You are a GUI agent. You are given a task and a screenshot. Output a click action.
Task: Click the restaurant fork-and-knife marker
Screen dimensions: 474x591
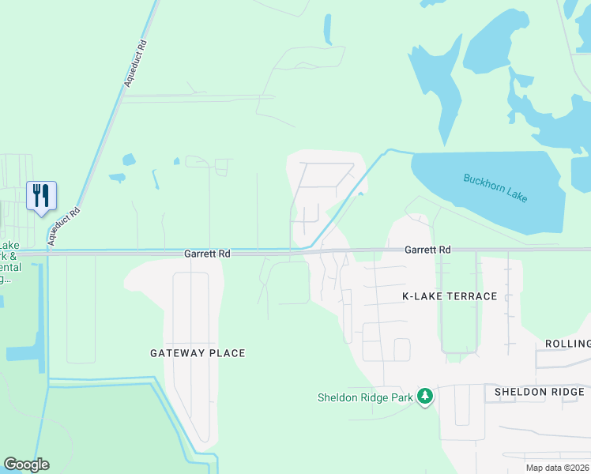pyautogui.click(x=41, y=195)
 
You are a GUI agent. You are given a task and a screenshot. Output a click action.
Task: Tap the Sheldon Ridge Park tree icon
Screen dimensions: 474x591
pyautogui.click(x=425, y=397)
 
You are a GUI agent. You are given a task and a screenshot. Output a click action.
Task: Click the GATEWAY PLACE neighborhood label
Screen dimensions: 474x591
pyautogui.click(x=198, y=353)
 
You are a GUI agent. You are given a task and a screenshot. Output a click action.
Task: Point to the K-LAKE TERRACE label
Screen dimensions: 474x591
pyautogui.click(x=450, y=296)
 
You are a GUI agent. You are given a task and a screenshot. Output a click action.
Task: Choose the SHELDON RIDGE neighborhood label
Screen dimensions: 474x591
pyautogui.click(x=540, y=392)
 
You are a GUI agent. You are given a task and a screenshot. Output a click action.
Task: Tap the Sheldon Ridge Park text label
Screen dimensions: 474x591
pyautogui.click(x=365, y=397)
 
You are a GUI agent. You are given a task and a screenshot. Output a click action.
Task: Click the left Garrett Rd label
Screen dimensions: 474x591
pyautogui.click(x=207, y=254)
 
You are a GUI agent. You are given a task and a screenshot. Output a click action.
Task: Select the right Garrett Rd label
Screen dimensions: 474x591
pyautogui.click(x=427, y=250)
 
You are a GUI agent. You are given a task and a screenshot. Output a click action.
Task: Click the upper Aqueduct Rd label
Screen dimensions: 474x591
pyautogui.click(x=136, y=64)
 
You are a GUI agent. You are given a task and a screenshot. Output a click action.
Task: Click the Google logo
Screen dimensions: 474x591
pyautogui.click(x=26, y=465)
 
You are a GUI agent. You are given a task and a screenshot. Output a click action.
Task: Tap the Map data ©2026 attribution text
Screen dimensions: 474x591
pyautogui.click(x=556, y=468)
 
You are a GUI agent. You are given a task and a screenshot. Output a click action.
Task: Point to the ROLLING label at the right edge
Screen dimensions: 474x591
pyautogui.click(x=567, y=344)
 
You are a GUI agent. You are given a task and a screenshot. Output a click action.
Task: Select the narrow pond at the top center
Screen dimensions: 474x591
pyautogui.click(x=327, y=29)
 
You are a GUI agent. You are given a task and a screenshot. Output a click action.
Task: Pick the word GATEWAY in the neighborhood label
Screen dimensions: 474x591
pyautogui.click(x=179, y=353)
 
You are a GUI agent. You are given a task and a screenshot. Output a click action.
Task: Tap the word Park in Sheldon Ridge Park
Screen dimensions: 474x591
pyautogui.click(x=401, y=397)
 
